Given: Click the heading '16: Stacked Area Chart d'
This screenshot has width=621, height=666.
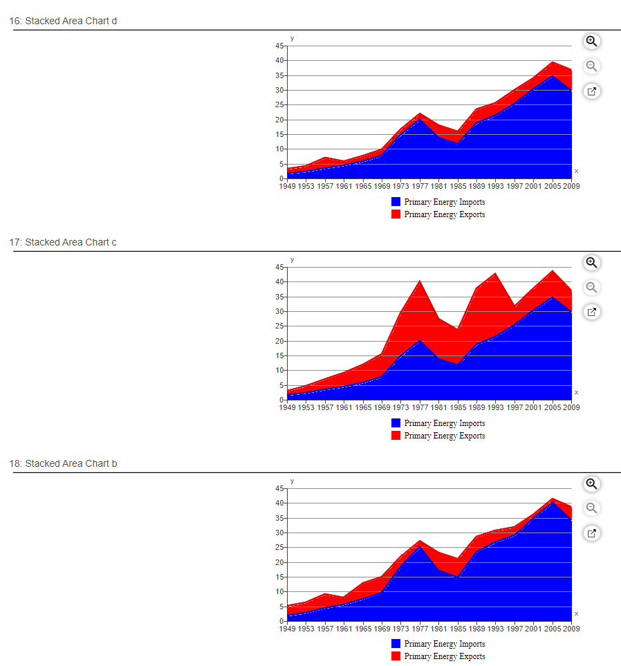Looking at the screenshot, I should [63, 21].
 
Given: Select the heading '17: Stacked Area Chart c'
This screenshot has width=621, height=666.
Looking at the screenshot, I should [63, 242].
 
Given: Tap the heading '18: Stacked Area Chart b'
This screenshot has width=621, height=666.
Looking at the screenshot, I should [63, 463].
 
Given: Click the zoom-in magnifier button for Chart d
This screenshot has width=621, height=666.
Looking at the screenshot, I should [591, 41].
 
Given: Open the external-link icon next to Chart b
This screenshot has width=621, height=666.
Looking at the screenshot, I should [591, 533].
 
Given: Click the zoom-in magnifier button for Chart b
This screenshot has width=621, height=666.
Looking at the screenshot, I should [591, 484].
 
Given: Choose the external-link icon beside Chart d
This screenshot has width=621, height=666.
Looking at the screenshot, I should [591, 91].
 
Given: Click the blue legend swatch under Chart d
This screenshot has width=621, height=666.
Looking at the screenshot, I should [396, 202].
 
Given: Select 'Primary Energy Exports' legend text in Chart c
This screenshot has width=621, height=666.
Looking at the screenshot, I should [444, 436].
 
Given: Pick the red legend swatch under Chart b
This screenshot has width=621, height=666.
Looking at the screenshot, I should [396, 656].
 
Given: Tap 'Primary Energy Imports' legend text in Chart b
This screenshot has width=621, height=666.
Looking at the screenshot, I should [444, 644].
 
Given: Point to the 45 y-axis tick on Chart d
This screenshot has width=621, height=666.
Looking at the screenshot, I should [279, 46].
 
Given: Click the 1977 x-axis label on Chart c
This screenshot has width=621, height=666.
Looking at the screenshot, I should [420, 407].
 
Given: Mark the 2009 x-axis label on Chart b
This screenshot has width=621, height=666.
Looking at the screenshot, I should [571, 629].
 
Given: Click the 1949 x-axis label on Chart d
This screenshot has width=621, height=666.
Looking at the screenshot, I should [287, 186].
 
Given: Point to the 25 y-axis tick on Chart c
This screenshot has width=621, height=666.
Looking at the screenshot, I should [279, 326].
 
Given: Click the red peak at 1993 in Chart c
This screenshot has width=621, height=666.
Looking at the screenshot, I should [495, 275].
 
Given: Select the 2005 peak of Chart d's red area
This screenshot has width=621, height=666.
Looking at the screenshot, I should [552, 64].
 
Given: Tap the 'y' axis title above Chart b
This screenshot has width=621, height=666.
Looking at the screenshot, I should [292, 481].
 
